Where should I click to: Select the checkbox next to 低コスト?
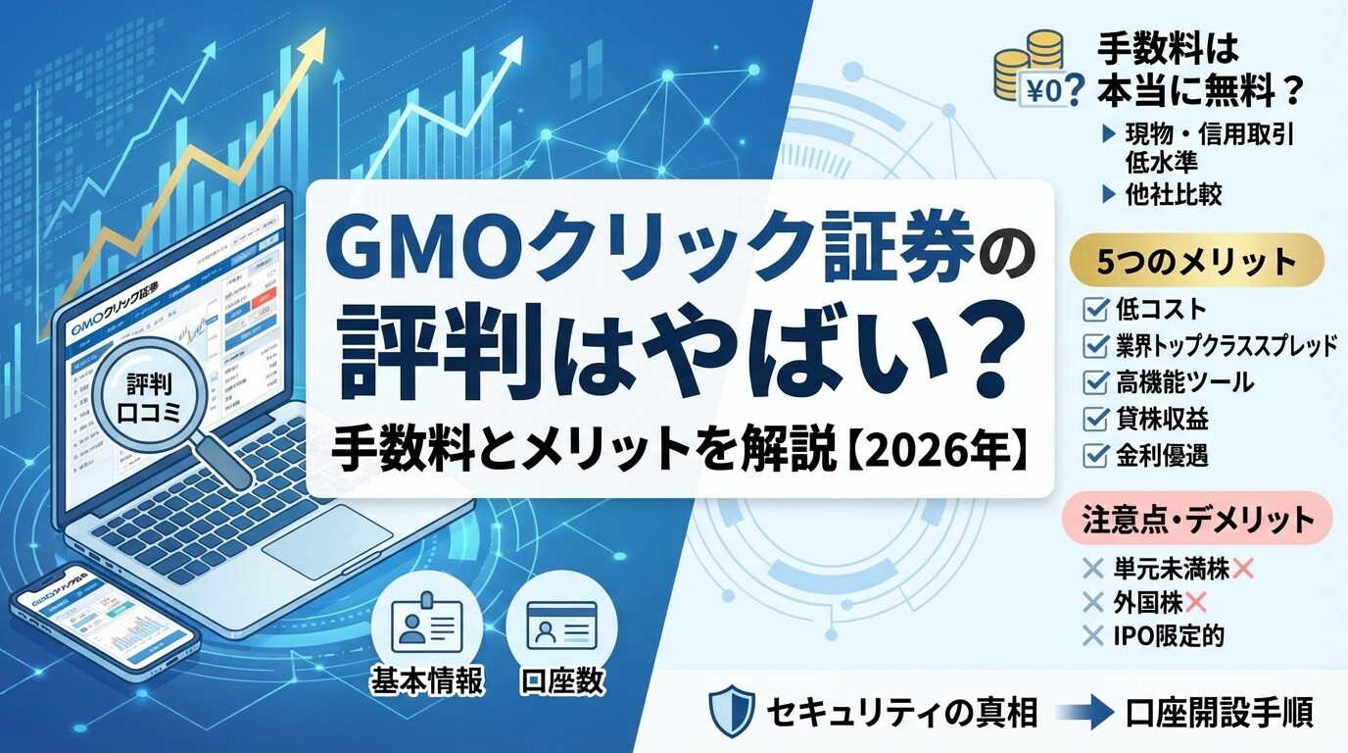point(1093,311)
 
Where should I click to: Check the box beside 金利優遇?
point(1093,455)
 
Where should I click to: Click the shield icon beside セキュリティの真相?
point(732,710)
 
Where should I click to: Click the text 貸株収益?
point(1162,419)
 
